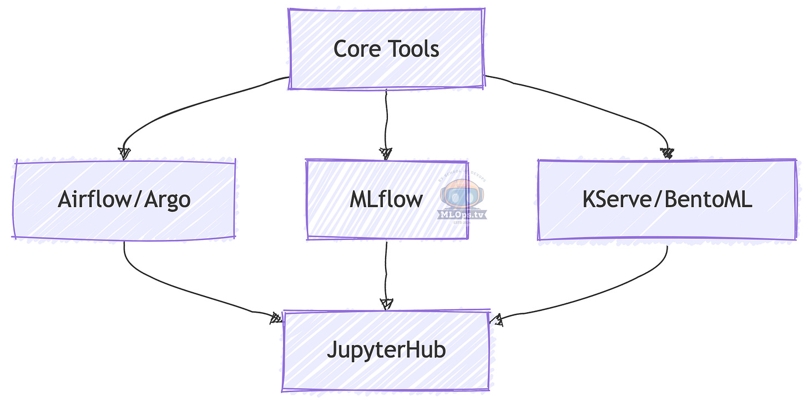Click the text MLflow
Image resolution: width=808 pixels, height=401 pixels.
(386, 199)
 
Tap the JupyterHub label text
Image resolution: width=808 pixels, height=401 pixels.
(386, 350)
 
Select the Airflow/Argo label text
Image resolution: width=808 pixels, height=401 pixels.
(124, 199)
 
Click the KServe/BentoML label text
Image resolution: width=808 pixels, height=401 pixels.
(667, 199)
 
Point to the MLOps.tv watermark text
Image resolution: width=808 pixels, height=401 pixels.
(462, 214)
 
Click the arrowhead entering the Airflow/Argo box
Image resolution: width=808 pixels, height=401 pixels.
(125, 154)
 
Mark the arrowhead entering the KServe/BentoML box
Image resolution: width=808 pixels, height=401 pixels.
(667, 153)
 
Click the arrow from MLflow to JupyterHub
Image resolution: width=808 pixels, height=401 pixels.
(386, 272)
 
